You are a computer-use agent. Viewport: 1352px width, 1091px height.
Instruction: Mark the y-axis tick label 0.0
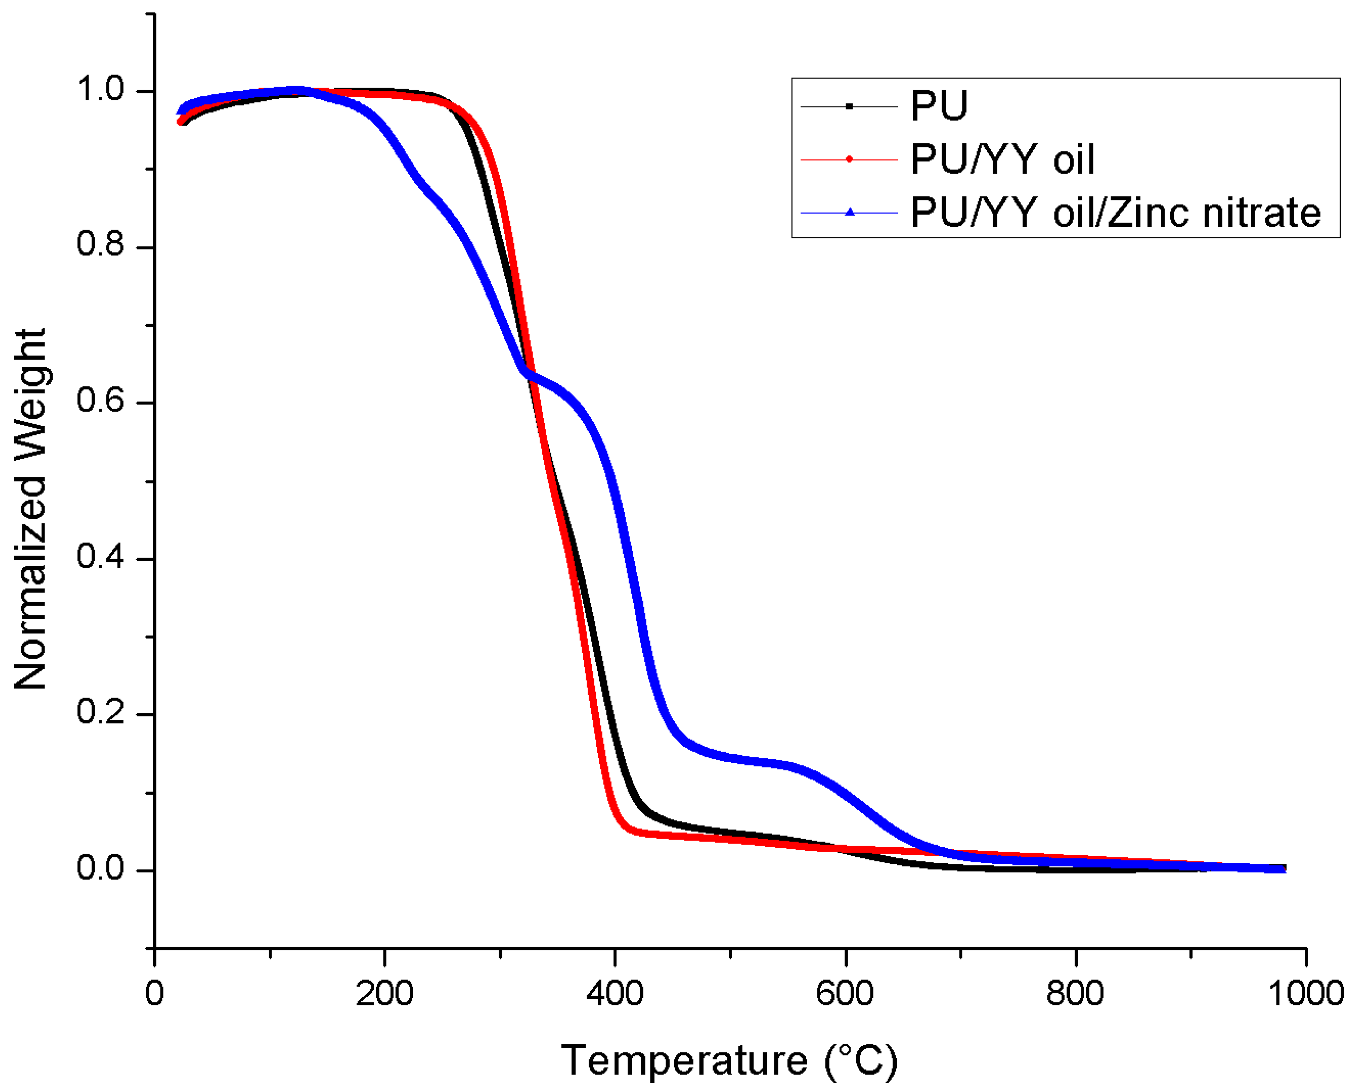pyautogui.click(x=101, y=868)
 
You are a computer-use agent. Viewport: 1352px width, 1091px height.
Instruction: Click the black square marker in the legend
pyautogui.click(x=849, y=106)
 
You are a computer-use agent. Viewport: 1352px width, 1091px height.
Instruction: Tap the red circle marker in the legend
pyautogui.click(x=849, y=159)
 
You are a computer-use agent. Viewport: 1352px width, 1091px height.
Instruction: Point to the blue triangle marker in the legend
pyautogui.click(x=849, y=212)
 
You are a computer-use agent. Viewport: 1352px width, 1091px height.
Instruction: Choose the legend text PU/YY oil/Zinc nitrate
pyautogui.click(x=1116, y=213)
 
